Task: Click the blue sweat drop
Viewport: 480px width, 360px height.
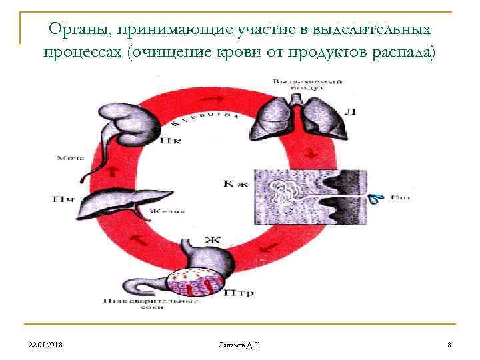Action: (377, 198)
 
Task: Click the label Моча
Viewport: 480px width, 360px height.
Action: (71, 158)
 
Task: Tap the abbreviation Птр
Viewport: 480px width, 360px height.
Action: (237, 291)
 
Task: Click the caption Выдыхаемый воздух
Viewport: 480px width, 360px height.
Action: (307, 84)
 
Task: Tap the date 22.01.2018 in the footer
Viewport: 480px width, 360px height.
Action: (47, 344)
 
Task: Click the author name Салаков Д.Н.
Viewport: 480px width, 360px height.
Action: (240, 344)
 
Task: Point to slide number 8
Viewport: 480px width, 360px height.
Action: (449, 344)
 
